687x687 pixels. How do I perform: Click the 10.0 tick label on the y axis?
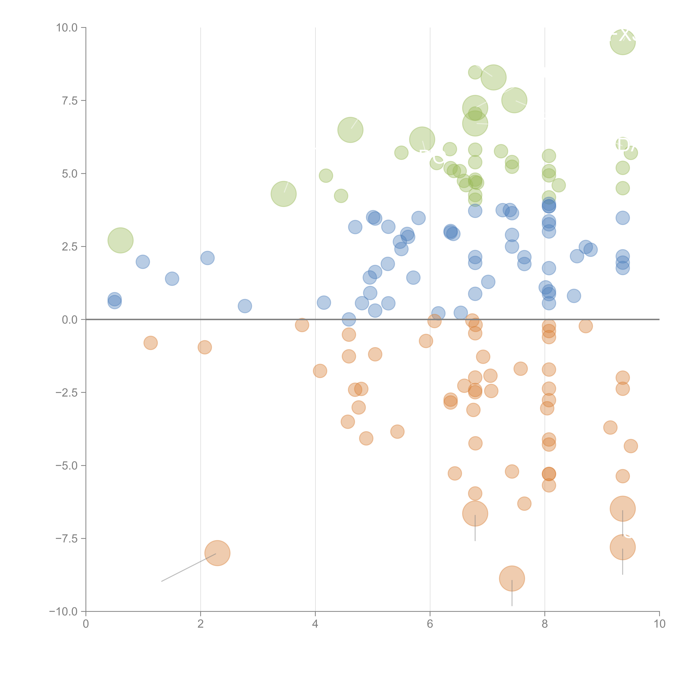click(67, 28)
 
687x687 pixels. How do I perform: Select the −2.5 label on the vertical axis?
click(67, 393)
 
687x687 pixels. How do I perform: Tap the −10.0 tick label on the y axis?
click(64, 612)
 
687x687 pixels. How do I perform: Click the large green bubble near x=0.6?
click(120, 240)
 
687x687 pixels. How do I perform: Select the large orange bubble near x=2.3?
click(217, 553)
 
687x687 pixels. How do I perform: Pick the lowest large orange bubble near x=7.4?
click(512, 579)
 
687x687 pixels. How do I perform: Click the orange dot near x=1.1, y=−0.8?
click(150, 343)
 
